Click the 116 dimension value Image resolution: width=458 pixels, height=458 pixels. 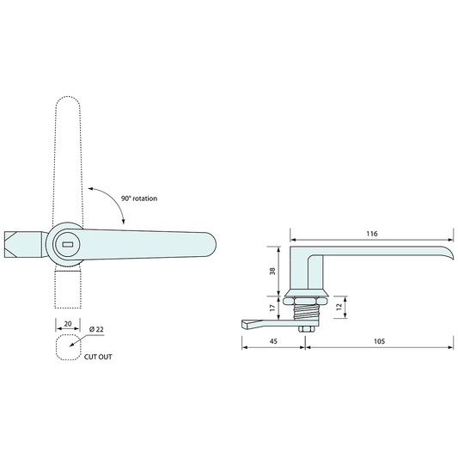(x=372, y=233)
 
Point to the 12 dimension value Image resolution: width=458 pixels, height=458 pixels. (x=339, y=306)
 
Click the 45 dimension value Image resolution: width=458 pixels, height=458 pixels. (x=274, y=342)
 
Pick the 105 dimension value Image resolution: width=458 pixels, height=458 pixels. (x=379, y=342)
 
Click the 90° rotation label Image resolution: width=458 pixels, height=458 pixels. (x=140, y=198)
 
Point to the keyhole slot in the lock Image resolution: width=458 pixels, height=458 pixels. (x=69, y=244)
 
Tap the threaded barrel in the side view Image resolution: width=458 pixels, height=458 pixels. (x=304, y=308)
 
